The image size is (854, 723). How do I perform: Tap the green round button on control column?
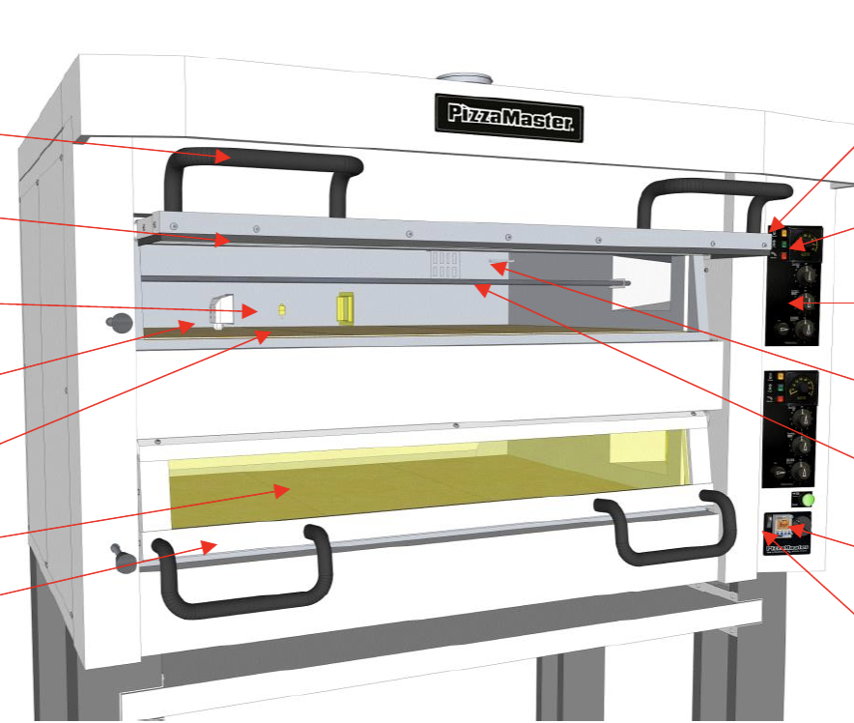[809, 499]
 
